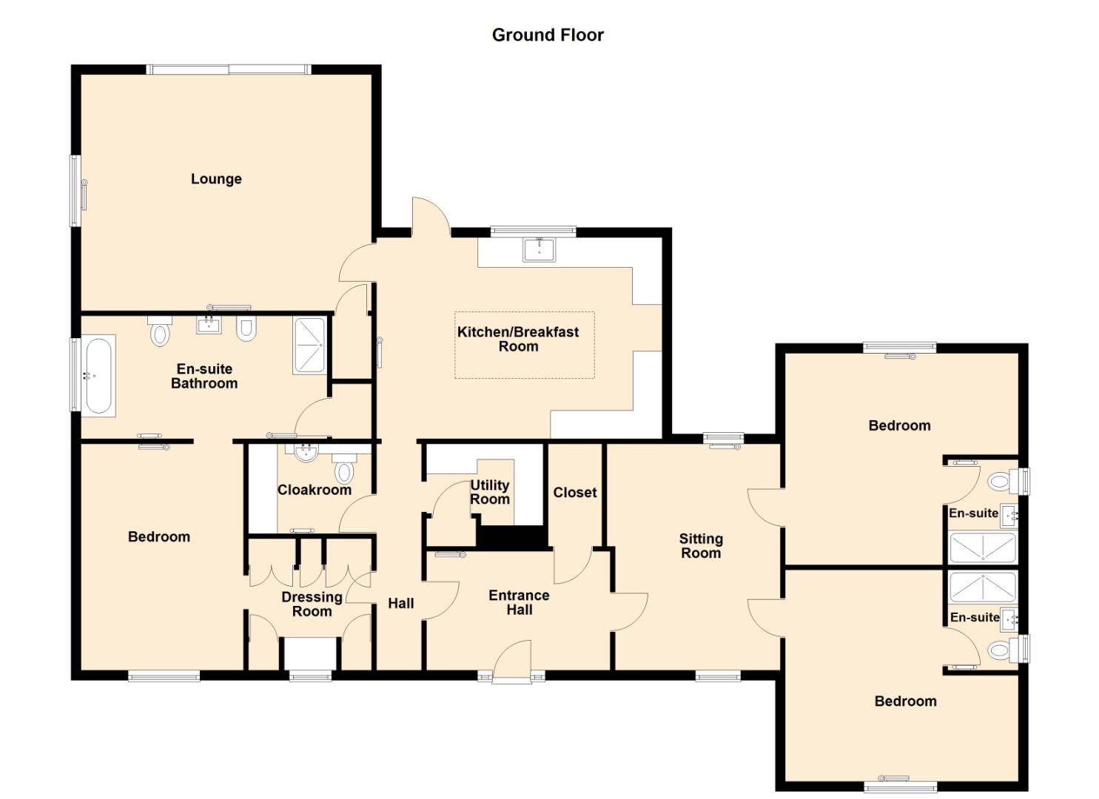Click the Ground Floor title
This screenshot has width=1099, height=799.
click(548, 35)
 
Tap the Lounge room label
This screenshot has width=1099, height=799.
click(216, 179)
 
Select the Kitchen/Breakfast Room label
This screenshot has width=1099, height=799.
click(518, 339)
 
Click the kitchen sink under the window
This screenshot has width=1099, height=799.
click(540, 249)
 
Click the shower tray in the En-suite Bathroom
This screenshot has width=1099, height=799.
click(309, 345)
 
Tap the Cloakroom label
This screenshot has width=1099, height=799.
click(315, 490)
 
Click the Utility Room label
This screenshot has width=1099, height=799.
click(490, 493)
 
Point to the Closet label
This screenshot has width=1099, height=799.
click(574, 493)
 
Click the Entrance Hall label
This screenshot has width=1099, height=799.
click(519, 602)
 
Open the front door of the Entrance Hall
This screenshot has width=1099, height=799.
click(511, 659)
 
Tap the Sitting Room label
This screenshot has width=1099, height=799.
click(701, 546)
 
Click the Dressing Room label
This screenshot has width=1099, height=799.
click(312, 604)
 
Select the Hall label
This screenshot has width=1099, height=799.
click(401, 603)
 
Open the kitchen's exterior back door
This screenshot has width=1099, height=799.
click(431, 216)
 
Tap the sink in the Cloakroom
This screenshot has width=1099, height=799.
click(306, 451)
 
